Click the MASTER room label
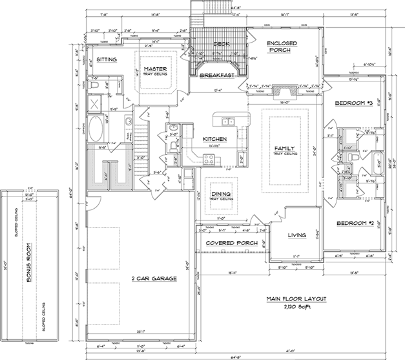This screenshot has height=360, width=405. click(x=156, y=69)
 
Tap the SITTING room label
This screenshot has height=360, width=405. click(x=106, y=59)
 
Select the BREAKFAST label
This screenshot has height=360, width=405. click(x=216, y=76)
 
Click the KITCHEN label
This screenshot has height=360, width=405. click(x=214, y=139)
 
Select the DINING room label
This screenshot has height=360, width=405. click(x=221, y=193)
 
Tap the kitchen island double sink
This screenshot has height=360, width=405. click(x=228, y=121)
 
